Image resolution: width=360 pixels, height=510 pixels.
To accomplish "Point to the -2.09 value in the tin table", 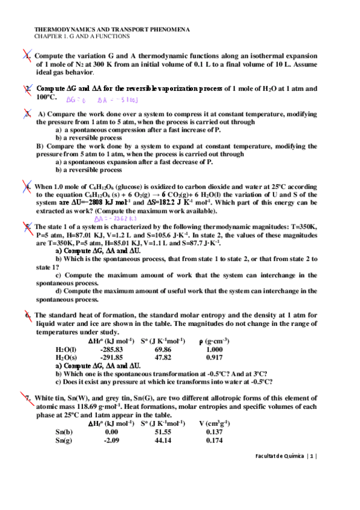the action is click(111, 440).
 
